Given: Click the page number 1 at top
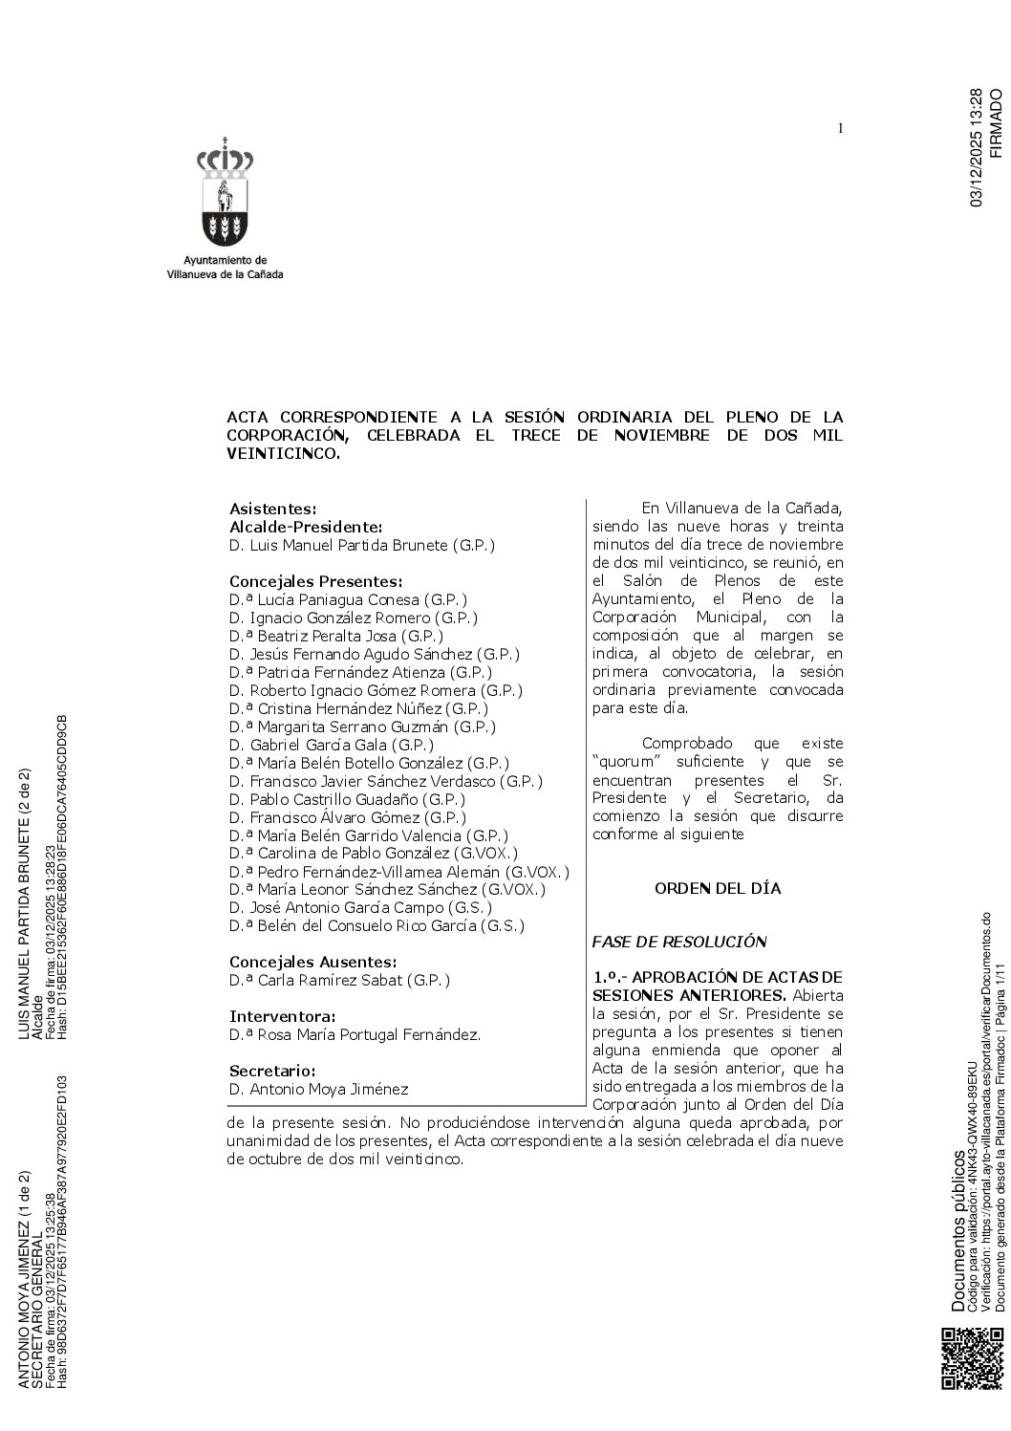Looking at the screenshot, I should click(840, 129).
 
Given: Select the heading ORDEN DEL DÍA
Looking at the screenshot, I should click(718, 888).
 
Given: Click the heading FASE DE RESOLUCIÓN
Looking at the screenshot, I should click(679, 942).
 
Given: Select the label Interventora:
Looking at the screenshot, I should click(282, 1016).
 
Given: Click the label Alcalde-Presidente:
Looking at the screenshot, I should click(306, 527).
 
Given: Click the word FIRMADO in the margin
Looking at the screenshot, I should click(997, 122).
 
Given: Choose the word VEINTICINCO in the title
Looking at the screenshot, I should click(283, 454).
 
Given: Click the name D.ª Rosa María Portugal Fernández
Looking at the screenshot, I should click(355, 1034).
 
